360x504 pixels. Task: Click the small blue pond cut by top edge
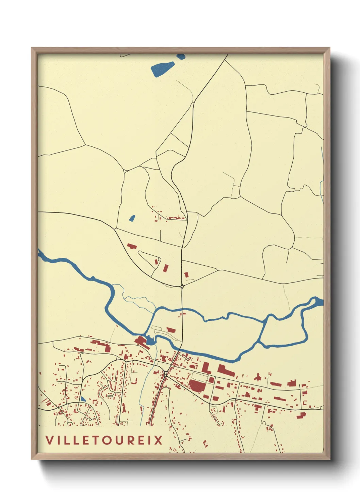click(x=181, y=57)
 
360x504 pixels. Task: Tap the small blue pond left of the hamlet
click(x=132, y=218)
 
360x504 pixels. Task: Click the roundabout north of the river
click(x=182, y=287)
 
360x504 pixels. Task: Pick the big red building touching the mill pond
click(x=141, y=341)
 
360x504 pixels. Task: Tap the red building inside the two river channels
click(x=171, y=330)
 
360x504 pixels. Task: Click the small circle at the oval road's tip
click(x=159, y=259)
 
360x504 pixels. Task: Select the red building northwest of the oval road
click(x=132, y=246)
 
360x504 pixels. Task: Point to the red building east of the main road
click(x=186, y=274)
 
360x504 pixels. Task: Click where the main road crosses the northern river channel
click(x=183, y=310)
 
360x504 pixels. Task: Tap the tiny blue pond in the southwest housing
click(x=83, y=399)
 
